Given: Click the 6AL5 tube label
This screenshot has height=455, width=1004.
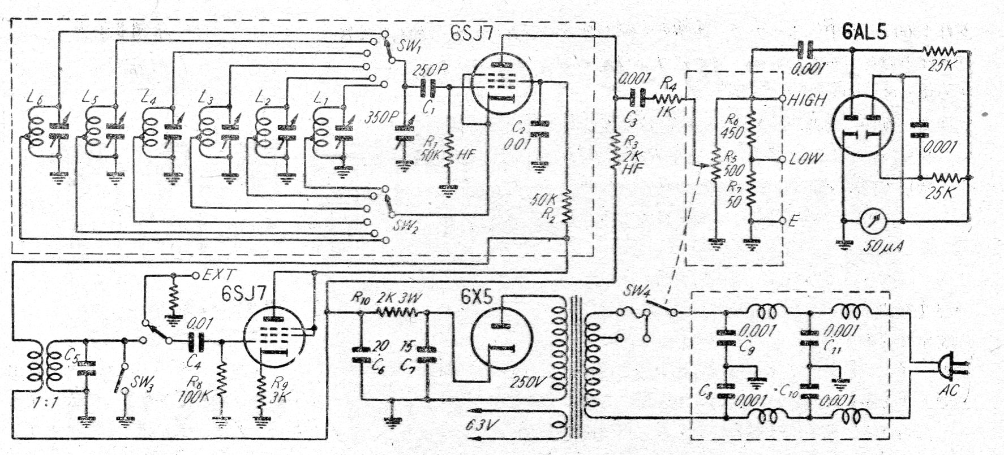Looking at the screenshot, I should pyautogui.click(x=864, y=32).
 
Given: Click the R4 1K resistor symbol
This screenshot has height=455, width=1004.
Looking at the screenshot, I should pyautogui.click(x=670, y=100).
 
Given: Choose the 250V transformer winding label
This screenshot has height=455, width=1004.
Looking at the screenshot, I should pyautogui.click(x=529, y=382).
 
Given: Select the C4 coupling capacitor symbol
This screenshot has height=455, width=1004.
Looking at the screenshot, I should pyautogui.click(x=197, y=341).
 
